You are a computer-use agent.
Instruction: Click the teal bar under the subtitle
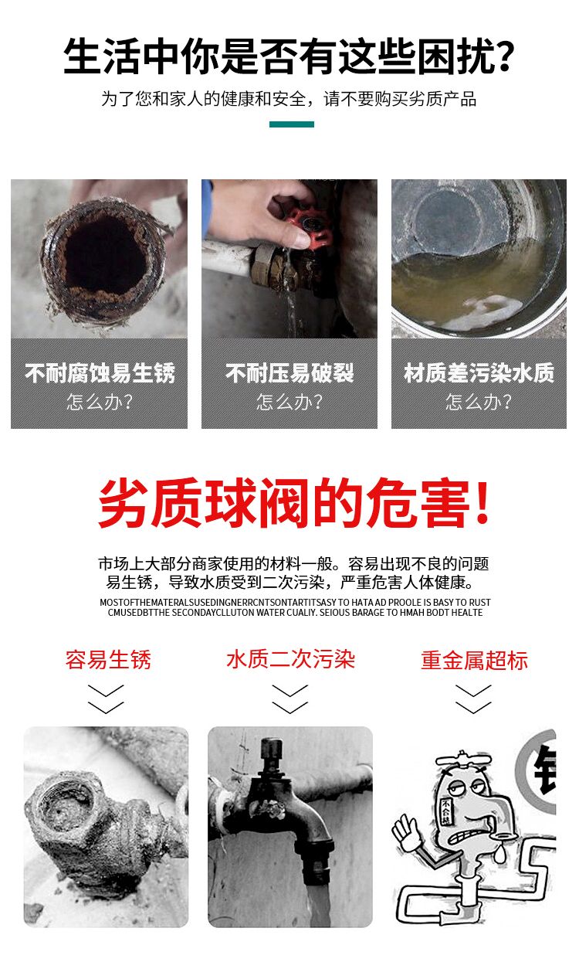292,124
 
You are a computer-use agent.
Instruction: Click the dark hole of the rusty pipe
105,253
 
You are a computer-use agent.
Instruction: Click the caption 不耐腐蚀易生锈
100,372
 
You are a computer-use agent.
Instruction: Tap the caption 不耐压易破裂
289,372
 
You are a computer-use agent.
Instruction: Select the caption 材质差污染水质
479,372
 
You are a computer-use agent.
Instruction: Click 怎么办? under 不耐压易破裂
289,402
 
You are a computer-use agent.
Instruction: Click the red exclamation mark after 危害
482,501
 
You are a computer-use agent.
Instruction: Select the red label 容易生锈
108,659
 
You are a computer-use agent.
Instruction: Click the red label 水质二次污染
290,659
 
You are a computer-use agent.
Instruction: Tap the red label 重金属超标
474,660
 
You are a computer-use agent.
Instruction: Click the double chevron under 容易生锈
106,699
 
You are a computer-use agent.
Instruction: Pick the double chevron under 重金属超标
473,699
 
